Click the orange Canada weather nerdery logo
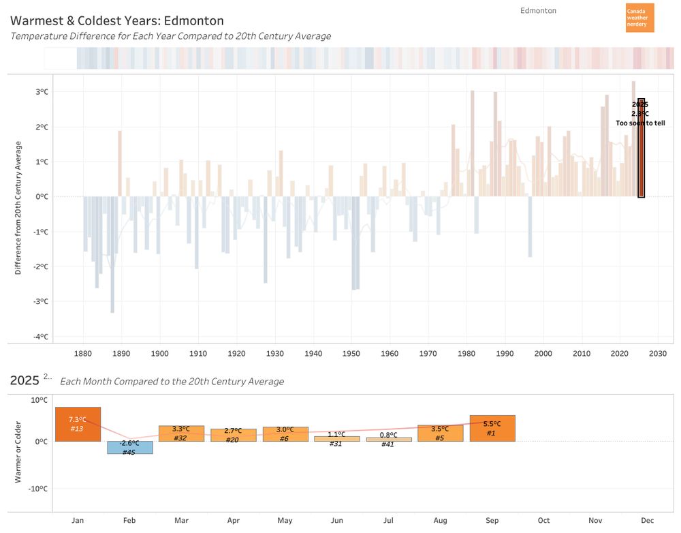click(x=639, y=18)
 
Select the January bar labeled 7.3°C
click(x=78, y=424)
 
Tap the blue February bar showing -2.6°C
click(x=129, y=447)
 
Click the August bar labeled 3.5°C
click(x=441, y=433)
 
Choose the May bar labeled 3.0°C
click(x=285, y=433)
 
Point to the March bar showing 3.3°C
click(x=181, y=433)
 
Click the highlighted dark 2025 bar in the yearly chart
click(x=641, y=157)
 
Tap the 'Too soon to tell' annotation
click(x=640, y=123)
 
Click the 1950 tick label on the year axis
click(x=351, y=354)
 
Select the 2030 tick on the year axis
click(x=658, y=354)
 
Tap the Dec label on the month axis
click(x=648, y=521)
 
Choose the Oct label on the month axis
click(x=543, y=521)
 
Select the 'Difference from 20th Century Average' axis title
click(x=18, y=208)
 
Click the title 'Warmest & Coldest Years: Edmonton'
click(x=117, y=21)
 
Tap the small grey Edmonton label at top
click(x=538, y=11)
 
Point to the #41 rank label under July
click(x=388, y=444)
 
